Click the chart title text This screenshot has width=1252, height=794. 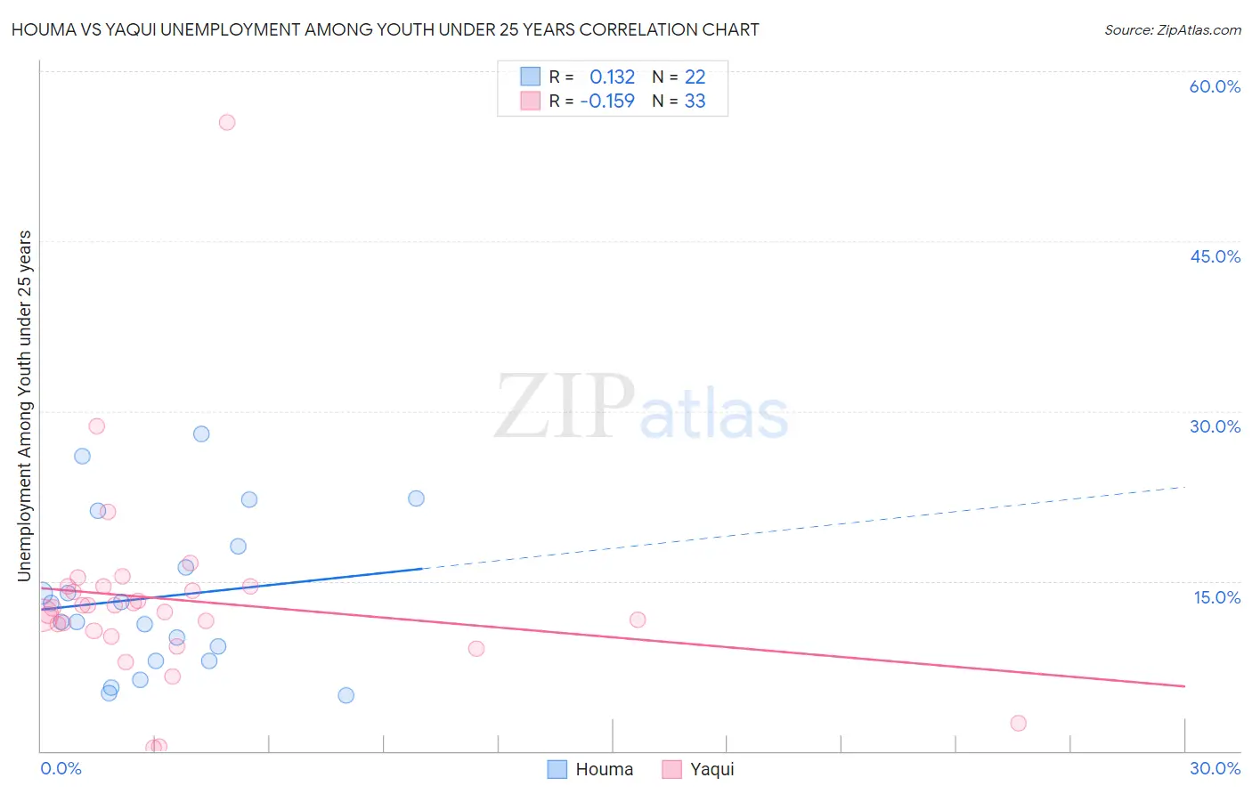385,29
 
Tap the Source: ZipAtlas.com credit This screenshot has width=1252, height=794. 1172,30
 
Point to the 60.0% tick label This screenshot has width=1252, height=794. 1215,86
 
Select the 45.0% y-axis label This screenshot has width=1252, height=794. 1215,256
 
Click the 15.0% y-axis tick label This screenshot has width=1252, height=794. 1216,596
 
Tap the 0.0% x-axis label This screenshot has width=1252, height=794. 61,768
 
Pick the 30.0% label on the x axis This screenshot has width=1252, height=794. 1215,768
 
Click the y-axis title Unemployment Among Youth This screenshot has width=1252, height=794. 25,406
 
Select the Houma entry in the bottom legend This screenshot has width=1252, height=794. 590,769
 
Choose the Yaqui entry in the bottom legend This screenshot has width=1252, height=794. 699,769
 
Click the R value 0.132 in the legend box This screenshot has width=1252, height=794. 612,77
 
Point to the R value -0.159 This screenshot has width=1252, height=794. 607,101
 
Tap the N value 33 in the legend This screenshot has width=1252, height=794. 695,101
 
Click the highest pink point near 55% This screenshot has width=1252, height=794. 227,122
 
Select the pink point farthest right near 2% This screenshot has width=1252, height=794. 1018,723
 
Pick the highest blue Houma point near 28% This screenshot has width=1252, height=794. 201,433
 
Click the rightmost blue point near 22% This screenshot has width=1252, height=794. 416,498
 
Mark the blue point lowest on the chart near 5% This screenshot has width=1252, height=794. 346,695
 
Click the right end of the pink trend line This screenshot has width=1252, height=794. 1184,685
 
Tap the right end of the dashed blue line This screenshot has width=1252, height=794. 1185,487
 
